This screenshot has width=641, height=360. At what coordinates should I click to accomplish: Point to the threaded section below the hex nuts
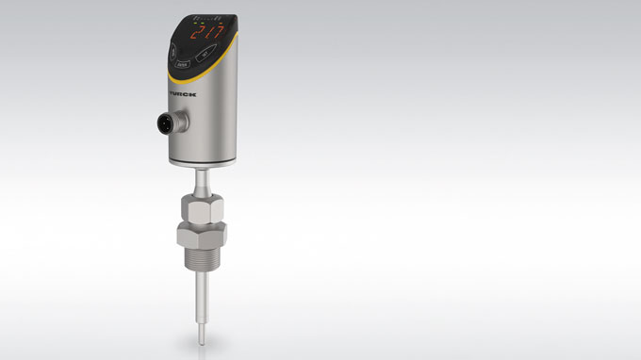click(x=204, y=263)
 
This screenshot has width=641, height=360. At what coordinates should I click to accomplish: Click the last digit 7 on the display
click(x=219, y=31)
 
